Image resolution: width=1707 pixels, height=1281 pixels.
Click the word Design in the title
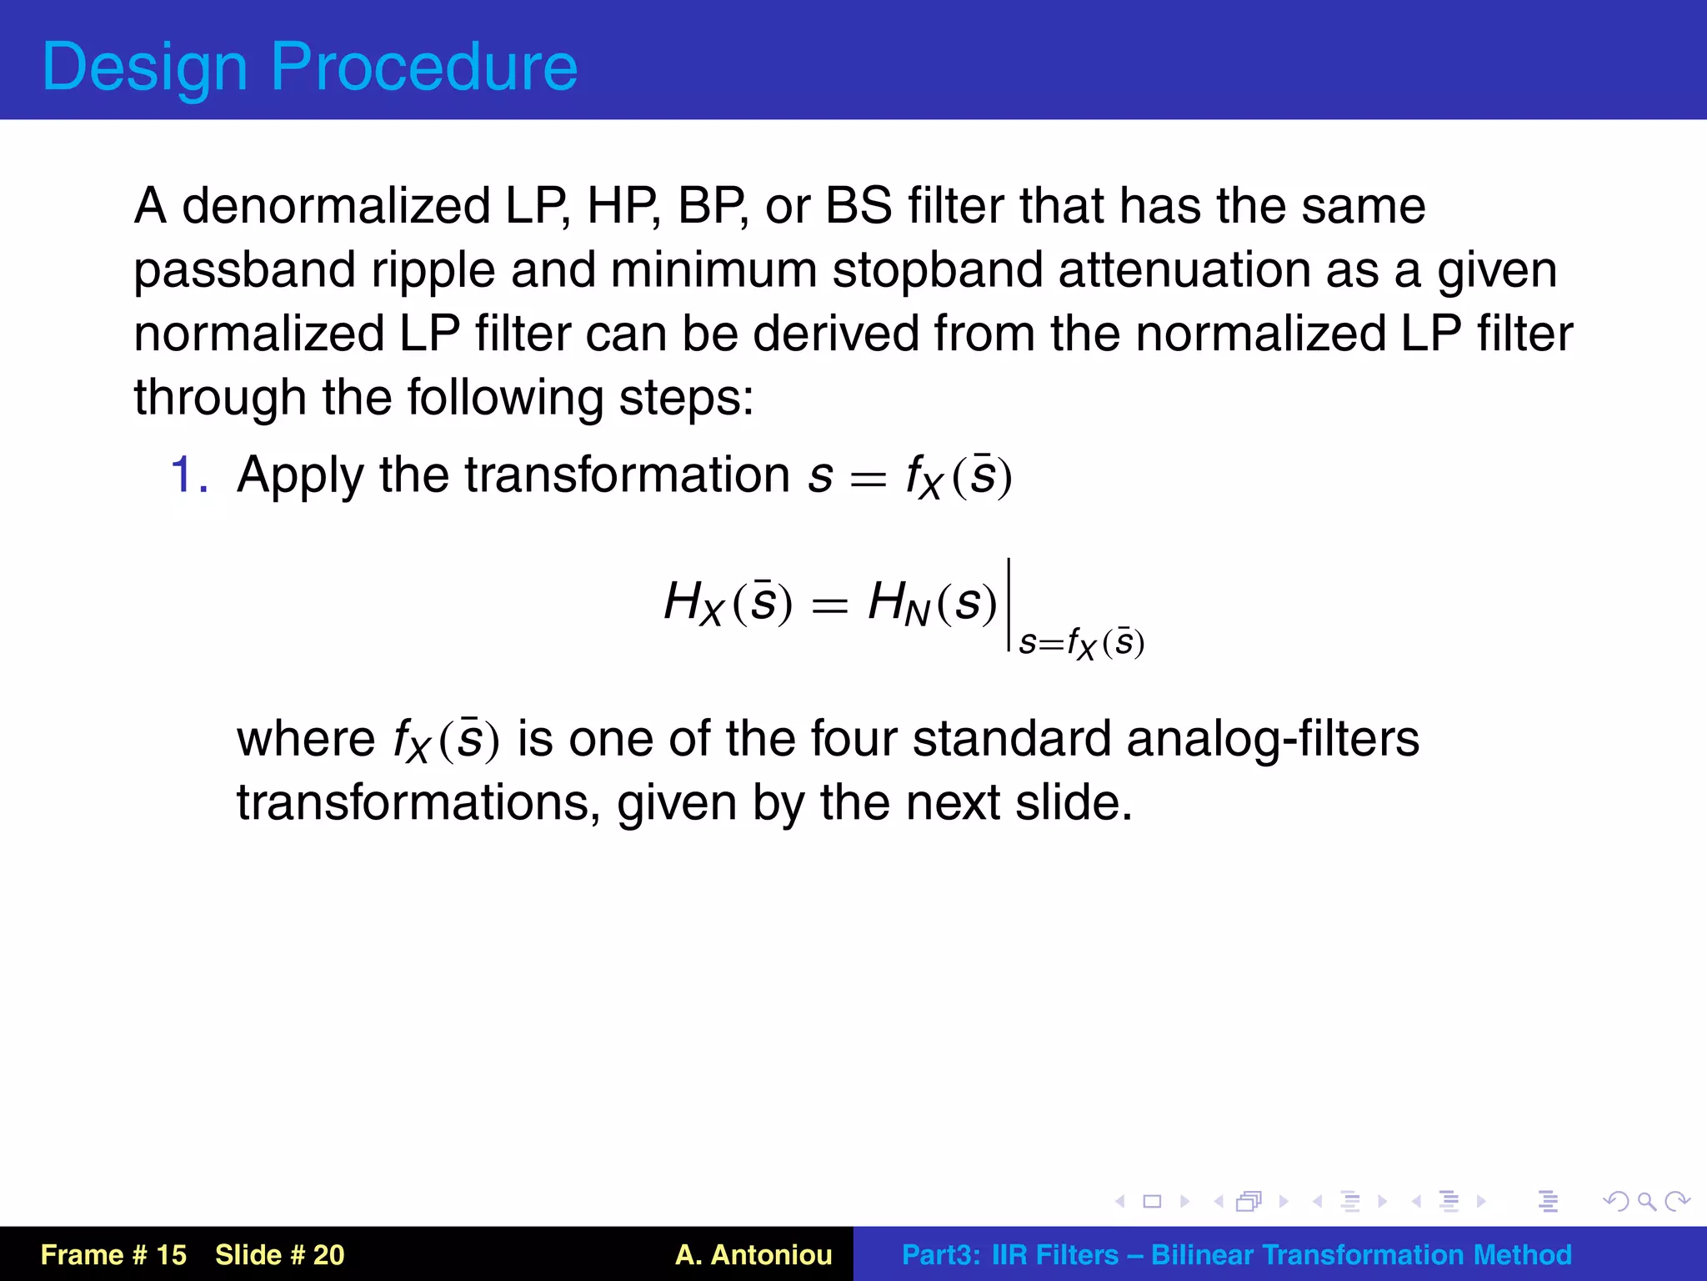(x=144, y=67)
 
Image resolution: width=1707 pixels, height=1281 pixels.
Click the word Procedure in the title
(x=423, y=67)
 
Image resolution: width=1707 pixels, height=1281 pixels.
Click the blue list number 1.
(x=188, y=475)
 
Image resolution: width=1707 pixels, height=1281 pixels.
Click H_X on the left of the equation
(x=693, y=603)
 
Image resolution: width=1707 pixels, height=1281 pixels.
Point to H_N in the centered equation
(x=898, y=603)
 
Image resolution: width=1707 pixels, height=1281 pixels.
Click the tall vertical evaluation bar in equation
(x=1009, y=605)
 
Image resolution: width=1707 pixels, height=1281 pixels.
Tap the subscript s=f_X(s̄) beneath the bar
(x=1081, y=644)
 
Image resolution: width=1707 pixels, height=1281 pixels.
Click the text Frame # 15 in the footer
(x=113, y=1254)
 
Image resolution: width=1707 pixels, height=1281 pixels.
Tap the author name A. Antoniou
(x=753, y=1254)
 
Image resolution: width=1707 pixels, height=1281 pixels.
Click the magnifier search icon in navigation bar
(x=1645, y=1201)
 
